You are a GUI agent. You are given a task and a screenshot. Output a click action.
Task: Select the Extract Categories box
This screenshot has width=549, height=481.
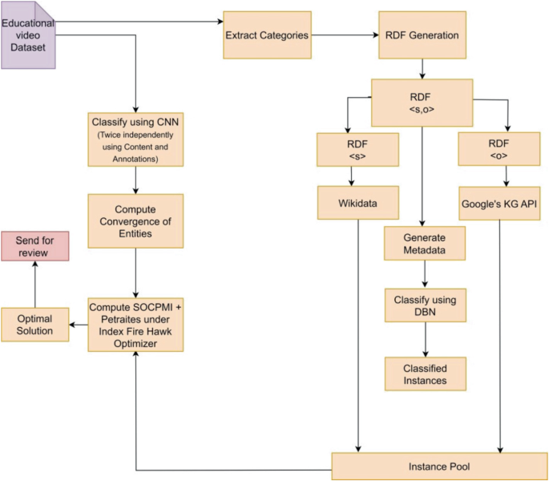(x=266, y=36)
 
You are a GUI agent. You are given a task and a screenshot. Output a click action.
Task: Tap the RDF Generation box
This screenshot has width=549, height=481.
(x=422, y=34)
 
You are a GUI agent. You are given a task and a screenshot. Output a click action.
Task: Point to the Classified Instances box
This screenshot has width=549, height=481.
(x=425, y=373)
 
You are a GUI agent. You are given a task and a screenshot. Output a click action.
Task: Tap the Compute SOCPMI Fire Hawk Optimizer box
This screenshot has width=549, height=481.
(x=135, y=324)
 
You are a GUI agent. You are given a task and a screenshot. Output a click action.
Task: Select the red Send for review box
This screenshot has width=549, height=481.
(x=34, y=246)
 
